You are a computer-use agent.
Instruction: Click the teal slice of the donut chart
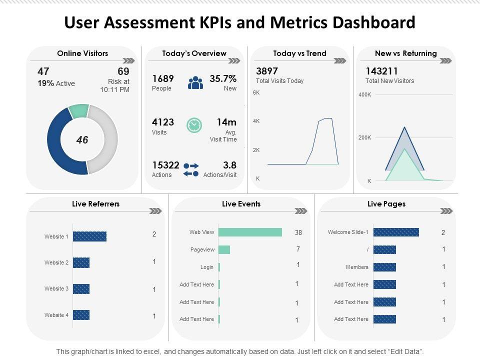[x=78, y=111]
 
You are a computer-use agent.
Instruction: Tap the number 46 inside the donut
[x=82, y=140]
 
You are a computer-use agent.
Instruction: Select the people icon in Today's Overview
[x=195, y=82]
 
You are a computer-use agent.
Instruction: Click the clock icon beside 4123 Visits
[x=194, y=125]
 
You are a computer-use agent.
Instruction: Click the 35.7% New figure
[x=223, y=78]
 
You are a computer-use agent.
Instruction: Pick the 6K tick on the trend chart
[x=256, y=92]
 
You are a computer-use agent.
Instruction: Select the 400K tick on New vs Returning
[x=364, y=94]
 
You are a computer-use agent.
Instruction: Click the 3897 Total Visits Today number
[x=267, y=71]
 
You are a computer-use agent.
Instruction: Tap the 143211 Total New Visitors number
[x=381, y=71]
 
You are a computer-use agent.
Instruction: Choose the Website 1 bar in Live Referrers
[x=89, y=236]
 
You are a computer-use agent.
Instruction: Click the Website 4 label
[x=56, y=315]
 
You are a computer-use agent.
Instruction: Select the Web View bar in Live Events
[x=250, y=232]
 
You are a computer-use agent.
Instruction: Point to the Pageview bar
[x=224, y=249]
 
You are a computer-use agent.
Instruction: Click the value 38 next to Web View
[x=298, y=232]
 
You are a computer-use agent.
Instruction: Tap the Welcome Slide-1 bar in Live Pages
[x=396, y=232]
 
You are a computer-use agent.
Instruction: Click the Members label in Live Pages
[x=357, y=267]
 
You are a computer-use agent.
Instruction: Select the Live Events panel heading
[x=241, y=204]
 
